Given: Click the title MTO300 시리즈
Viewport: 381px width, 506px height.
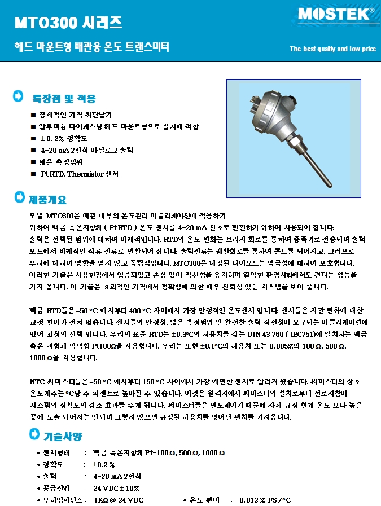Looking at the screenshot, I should [68, 23].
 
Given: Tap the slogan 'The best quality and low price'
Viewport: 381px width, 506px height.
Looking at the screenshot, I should [332, 49].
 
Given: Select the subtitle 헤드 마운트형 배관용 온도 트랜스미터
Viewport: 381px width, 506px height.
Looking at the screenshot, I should [91, 47].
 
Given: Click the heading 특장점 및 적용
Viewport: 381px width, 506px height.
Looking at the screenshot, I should [64, 99].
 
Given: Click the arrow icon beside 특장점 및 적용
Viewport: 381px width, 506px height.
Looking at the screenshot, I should [19, 96].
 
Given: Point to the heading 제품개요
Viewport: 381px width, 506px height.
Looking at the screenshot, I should [47, 200].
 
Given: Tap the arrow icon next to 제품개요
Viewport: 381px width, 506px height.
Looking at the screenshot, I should [19, 198].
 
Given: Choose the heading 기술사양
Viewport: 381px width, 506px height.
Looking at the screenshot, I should [63, 436].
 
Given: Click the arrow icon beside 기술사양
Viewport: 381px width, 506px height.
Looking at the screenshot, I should [33, 434].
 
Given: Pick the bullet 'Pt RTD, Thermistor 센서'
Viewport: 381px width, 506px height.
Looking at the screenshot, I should [80, 174].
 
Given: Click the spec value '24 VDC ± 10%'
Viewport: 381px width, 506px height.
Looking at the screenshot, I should [116, 488].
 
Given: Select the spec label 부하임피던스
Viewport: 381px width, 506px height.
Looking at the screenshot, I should [62, 500].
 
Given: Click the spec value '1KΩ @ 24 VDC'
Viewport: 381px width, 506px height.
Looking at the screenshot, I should [119, 500].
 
